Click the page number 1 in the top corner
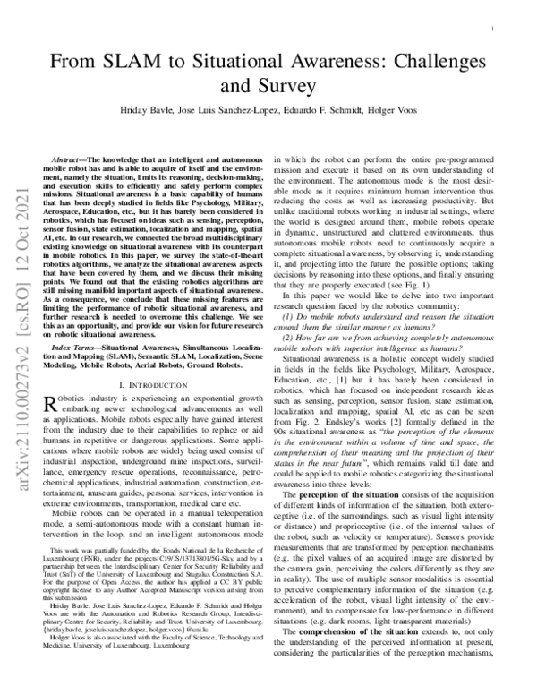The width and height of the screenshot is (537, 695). click(x=494, y=29)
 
